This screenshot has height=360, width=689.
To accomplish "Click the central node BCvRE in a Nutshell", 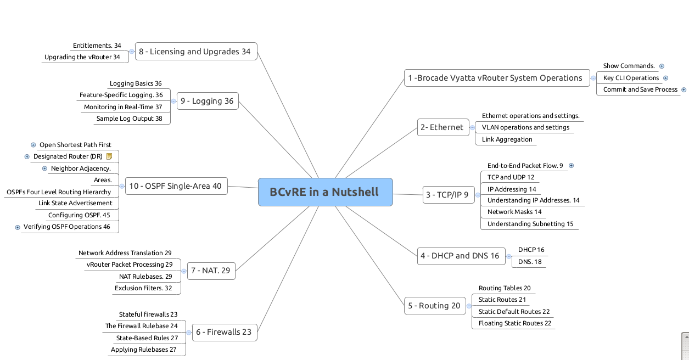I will click(x=325, y=192).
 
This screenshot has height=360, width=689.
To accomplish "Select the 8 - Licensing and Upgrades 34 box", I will click(x=195, y=52).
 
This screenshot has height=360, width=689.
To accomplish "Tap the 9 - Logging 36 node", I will click(x=207, y=101).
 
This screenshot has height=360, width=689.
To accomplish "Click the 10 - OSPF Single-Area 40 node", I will click(x=176, y=186).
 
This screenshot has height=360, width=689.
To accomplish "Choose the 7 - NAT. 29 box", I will click(x=211, y=270).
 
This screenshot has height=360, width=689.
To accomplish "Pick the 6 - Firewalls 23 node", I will click(x=224, y=332).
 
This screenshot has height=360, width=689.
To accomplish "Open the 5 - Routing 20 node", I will click(x=434, y=306).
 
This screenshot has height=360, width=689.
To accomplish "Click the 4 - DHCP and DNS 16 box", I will click(x=460, y=256).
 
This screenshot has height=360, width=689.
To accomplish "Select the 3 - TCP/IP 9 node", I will click(x=448, y=195).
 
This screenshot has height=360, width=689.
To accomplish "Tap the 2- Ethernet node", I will click(x=442, y=127).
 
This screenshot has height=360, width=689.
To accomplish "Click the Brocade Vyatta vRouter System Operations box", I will click(x=496, y=78).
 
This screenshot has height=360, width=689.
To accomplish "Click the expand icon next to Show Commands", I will click(x=662, y=66).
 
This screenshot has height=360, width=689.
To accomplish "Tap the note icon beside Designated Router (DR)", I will click(x=109, y=156).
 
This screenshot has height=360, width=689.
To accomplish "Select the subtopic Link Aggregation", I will click(x=507, y=139).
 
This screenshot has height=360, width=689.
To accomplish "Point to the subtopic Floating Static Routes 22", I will click(x=514, y=323).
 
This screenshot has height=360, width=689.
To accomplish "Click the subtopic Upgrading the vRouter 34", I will click(x=82, y=57).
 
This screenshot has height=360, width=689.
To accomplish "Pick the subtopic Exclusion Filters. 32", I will click(x=143, y=288).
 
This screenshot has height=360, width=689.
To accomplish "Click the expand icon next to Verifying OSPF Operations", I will click(x=18, y=227).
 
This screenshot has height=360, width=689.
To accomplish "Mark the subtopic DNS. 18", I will click(x=530, y=262).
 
